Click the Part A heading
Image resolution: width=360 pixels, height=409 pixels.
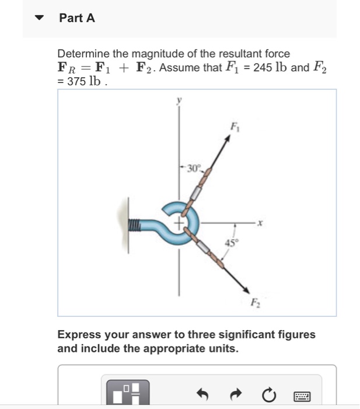click(x=76, y=18)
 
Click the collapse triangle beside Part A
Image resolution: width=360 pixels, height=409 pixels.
click(x=40, y=18)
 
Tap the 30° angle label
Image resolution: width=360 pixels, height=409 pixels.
click(x=193, y=169)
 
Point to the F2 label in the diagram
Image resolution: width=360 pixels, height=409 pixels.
click(x=255, y=303)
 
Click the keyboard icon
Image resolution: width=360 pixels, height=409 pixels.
click(x=302, y=397)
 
